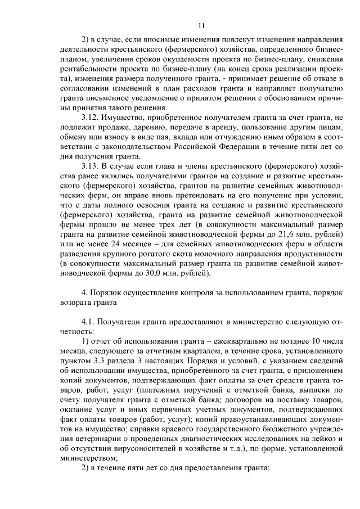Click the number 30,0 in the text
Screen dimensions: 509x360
pos(155,273)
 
